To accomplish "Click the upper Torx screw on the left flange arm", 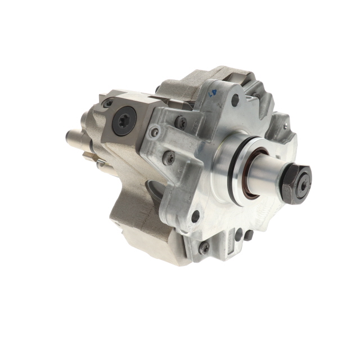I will (181, 120).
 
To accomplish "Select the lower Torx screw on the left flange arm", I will (167, 157).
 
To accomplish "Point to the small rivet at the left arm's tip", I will (155, 132).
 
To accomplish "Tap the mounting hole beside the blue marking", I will (235, 101).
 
